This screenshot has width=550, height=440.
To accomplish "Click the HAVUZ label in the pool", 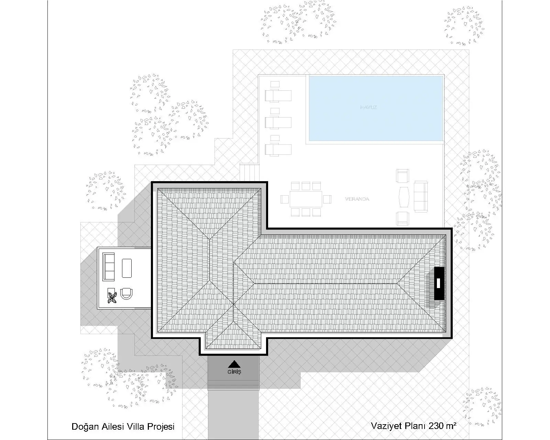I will point(368,107).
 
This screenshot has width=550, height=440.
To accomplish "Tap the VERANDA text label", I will point(357,199).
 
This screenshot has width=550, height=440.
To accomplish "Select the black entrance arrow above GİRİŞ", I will point(234,364).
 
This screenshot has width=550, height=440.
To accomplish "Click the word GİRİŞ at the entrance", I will point(234,372).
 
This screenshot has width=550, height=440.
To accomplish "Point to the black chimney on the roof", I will point(439,283).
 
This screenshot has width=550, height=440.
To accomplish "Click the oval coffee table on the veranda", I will point(404,197).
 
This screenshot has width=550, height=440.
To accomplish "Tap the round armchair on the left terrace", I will point(126,294).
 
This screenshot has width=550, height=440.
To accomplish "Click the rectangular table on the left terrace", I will point(127,268).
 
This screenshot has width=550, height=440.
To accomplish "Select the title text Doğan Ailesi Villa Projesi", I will point(123,427).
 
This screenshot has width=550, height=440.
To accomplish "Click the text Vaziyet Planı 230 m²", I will point(414,426).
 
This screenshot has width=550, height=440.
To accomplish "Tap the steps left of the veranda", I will point(249,172).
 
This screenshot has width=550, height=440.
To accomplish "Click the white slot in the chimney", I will point(438,283).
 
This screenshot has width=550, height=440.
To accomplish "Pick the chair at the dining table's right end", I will point(327,199).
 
